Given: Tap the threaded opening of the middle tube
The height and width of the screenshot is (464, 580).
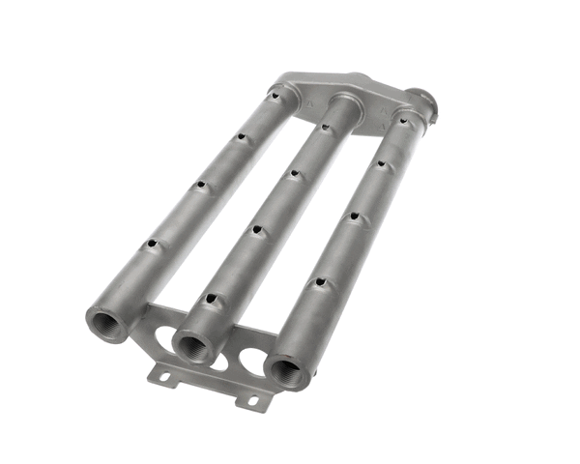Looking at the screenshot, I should click(195, 345).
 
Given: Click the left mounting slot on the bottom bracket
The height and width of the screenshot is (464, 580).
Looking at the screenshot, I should click(164, 374).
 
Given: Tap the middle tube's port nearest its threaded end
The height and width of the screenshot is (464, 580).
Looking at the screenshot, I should click(208, 299).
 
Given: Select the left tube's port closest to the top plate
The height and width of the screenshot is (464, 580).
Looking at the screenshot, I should click(276, 94).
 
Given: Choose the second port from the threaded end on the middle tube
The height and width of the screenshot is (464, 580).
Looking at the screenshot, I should click(257, 229).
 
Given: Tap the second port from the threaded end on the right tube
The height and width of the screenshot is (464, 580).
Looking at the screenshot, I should click(353, 217).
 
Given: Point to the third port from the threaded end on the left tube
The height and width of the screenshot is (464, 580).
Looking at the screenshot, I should click(239, 136).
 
